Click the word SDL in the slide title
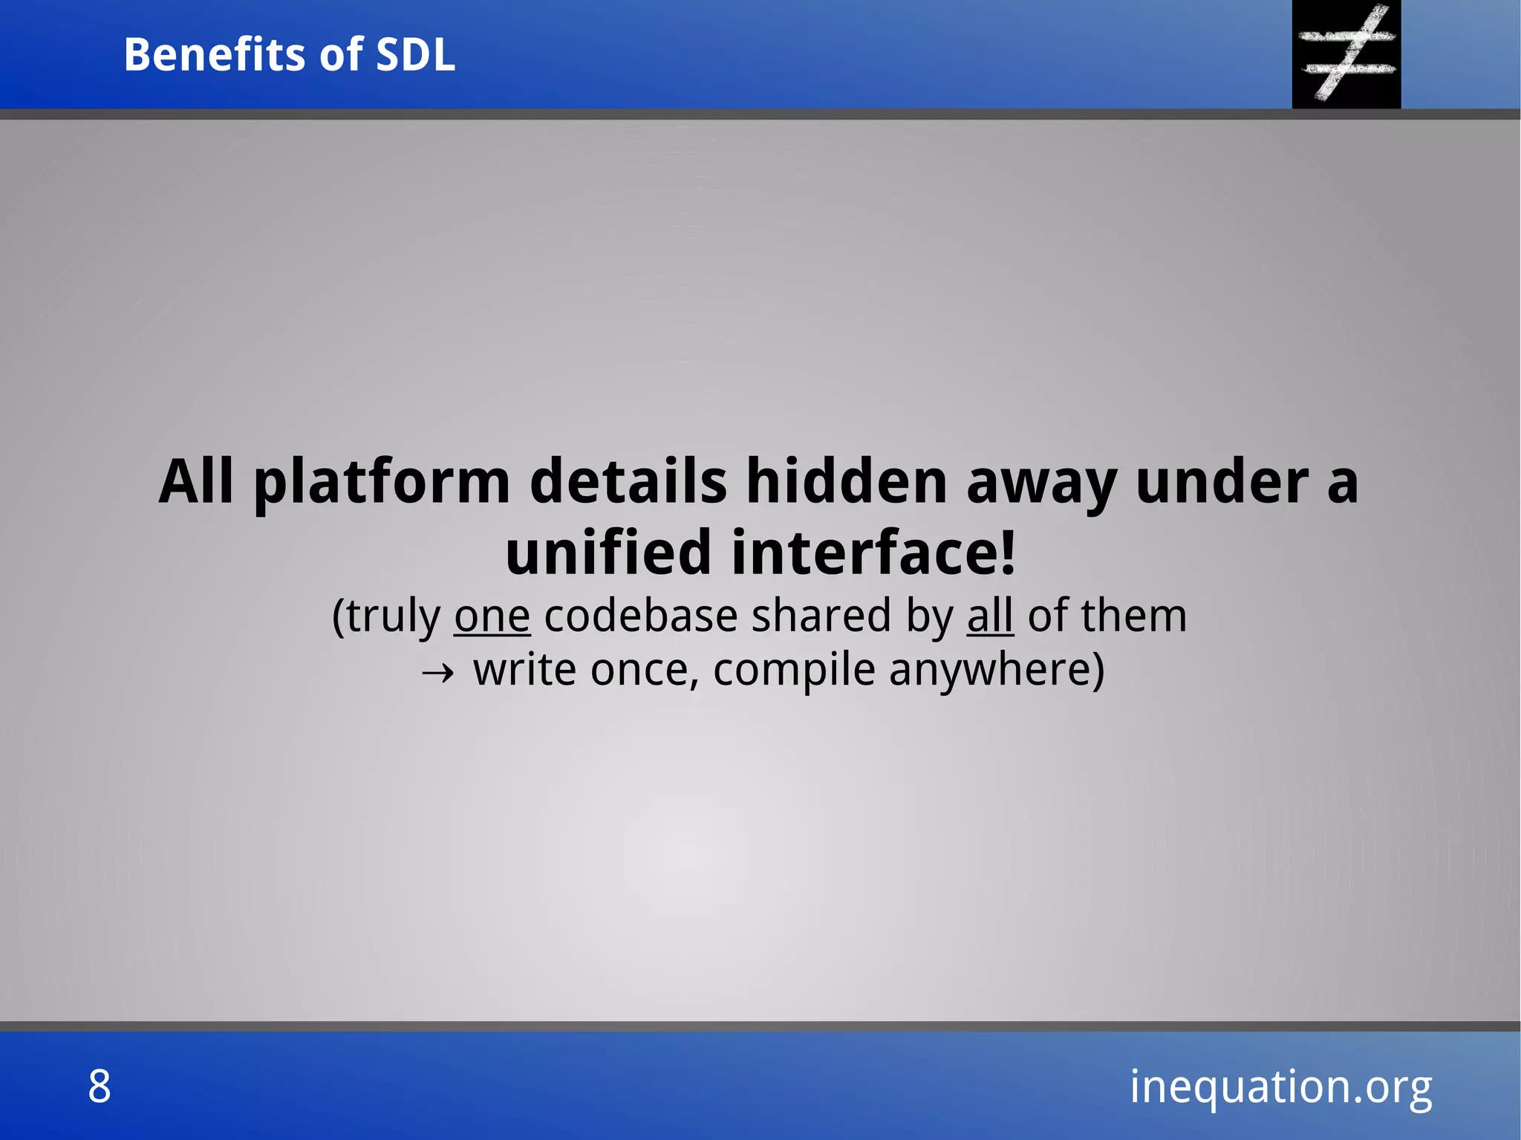(x=415, y=55)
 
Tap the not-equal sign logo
(x=1346, y=53)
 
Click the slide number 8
(x=100, y=1087)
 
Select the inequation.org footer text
(x=1280, y=1087)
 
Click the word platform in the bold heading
(x=382, y=483)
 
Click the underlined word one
(x=492, y=616)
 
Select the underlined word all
(x=990, y=616)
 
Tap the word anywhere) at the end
(x=997, y=671)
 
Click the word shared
(x=821, y=616)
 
